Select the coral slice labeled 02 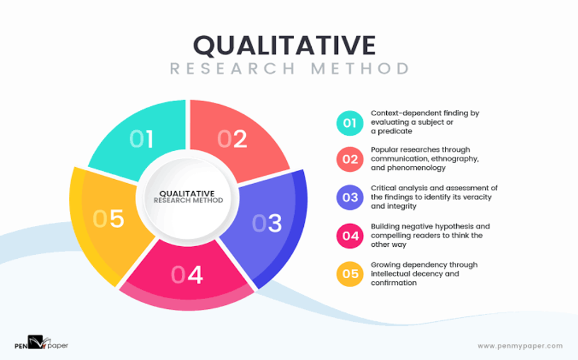pos(234,139)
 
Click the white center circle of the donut pos(188,198)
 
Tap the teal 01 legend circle pos(350,123)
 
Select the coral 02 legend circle pos(350,159)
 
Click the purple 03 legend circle pos(350,197)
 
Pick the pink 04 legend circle pos(350,236)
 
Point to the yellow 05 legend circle pos(350,274)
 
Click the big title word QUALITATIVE pos(284,45)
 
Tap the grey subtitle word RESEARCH pos(233,69)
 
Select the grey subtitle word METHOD pos(360,69)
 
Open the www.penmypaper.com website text pos(520,346)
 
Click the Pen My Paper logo pos(42,342)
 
